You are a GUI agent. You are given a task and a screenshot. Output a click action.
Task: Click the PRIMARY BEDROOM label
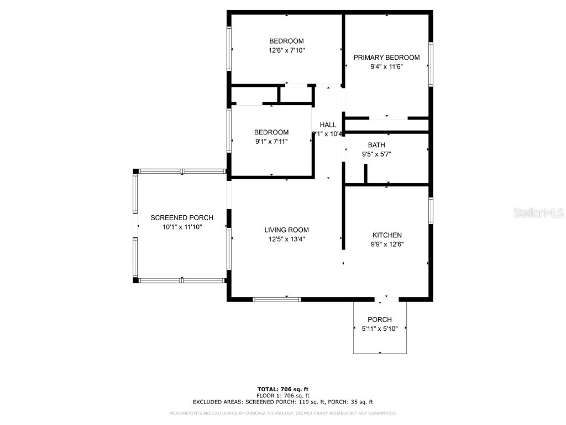click(386, 58)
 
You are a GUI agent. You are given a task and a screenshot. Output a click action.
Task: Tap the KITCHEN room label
click(387, 235)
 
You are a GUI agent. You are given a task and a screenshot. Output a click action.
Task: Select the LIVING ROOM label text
click(286, 230)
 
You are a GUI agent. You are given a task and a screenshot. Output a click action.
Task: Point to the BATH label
click(376, 146)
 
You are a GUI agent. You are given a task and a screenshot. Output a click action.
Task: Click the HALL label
click(328, 125)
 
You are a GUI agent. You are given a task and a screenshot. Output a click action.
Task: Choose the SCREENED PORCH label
click(182, 218)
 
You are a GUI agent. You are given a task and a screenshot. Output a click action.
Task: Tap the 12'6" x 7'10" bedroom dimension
click(286, 50)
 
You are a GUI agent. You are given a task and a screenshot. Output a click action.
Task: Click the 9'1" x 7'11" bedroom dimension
click(271, 142)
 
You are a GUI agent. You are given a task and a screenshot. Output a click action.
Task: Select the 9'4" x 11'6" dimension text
click(386, 67)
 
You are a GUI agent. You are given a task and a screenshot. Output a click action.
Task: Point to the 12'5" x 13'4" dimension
click(286, 240)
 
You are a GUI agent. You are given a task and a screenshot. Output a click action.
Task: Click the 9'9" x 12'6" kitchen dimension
click(387, 244)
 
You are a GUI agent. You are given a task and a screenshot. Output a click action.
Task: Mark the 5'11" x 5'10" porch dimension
click(380, 329)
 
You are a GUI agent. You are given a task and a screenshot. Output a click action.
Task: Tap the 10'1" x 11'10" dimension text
click(182, 227)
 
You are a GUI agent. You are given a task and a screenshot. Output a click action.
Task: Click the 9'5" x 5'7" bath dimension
click(376, 154)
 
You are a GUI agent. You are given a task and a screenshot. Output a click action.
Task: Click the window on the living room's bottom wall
click(276, 299)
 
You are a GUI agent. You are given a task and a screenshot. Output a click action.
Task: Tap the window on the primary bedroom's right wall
click(431, 64)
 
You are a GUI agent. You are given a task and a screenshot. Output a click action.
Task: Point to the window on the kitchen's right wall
click(431, 211)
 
